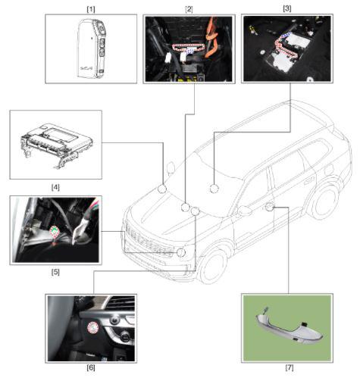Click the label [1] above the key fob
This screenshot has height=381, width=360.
coord(91,9)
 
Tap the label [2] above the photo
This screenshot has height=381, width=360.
coord(189,9)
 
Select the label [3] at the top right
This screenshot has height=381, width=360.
coord(287,8)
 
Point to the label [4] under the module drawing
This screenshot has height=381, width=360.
coord(55,187)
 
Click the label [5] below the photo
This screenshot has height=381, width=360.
coord(55,272)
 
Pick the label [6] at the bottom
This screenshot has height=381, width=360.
coord(91,367)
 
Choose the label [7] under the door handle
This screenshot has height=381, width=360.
coord(290,367)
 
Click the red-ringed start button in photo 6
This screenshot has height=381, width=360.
coord(92,328)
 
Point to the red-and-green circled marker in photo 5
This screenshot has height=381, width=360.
coord(55,231)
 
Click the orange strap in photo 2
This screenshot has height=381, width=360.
coord(212,38)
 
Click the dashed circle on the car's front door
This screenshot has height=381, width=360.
coord(270,207)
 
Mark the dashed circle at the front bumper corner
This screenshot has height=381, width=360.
coord(181,252)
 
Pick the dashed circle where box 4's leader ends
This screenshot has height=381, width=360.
coord(162,189)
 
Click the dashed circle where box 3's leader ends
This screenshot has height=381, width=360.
coord(214,189)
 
